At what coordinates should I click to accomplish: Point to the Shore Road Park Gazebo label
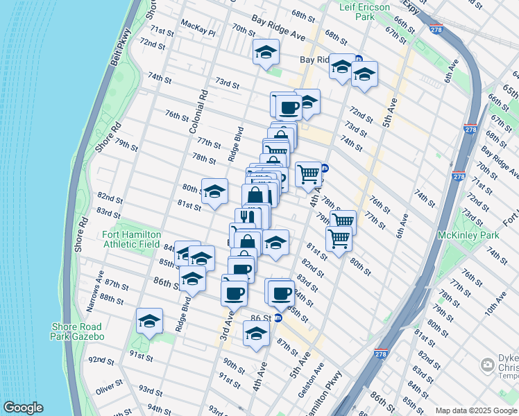coord(76,331)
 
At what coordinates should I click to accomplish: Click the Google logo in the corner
coord(23,408)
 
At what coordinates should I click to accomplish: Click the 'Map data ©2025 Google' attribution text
coord(475,410)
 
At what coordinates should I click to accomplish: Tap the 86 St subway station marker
coord(278,318)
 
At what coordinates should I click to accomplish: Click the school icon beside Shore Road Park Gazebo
coord(149,321)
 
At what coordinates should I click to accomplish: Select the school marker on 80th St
coord(214,191)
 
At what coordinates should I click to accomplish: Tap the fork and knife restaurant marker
coord(248,217)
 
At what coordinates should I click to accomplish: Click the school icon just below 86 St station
coord(256,334)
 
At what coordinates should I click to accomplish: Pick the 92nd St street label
coord(101,360)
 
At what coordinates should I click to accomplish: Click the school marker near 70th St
coord(265,53)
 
